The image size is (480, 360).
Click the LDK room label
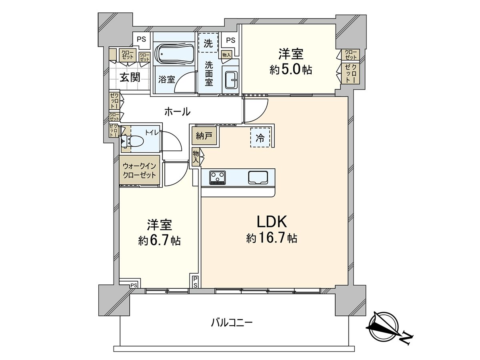click(271, 221)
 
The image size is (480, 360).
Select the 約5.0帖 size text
click(291, 70)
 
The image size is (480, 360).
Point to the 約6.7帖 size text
click(159, 241)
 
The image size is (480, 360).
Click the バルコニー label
click(232, 322)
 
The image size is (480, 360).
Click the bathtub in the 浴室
click(174, 54)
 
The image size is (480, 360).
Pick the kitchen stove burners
click(218, 177)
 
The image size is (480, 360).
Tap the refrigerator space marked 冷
click(260, 138)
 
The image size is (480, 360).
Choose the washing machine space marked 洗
click(208, 44)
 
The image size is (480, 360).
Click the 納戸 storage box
click(204, 136)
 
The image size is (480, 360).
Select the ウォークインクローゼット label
click(139, 170)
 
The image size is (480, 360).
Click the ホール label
click(177, 112)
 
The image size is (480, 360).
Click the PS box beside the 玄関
click(142, 39)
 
